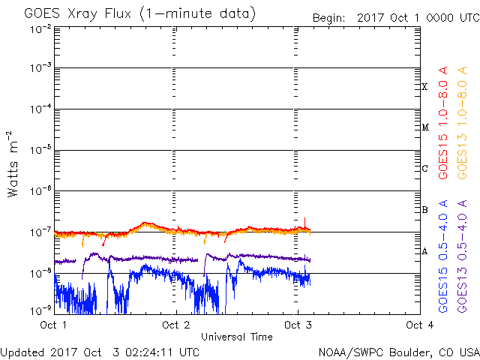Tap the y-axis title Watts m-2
pyautogui.click(x=13, y=163)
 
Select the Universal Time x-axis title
pyautogui.click(x=236, y=337)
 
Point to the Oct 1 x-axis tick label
pyautogui.click(x=53, y=325)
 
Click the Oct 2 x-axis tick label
pyautogui.click(x=175, y=325)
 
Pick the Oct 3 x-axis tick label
pyautogui.click(x=298, y=325)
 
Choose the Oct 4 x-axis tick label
pyautogui.click(x=419, y=325)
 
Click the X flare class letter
pyautogui.click(x=424, y=87)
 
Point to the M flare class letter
pyautogui.click(x=425, y=127)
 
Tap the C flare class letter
pyautogui.click(x=424, y=169)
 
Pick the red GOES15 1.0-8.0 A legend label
pyautogui.click(x=444, y=123)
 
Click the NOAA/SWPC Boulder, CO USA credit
pyautogui.click(x=398, y=351)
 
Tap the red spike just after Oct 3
pyautogui.click(x=304, y=220)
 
